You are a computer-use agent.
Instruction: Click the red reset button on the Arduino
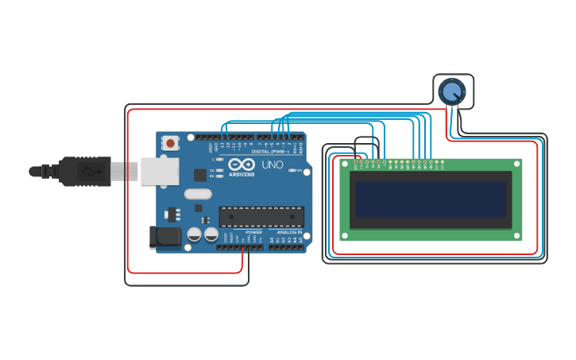point(170,144)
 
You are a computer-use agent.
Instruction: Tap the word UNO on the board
point(273,165)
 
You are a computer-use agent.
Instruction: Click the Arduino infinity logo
point(241,165)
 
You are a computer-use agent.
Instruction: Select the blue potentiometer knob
point(452,91)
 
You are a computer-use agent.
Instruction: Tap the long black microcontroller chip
point(261,215)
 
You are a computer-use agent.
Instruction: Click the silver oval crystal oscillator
point(198,194)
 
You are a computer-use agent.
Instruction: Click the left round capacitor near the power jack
point(195,234)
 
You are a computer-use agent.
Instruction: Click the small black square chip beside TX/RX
point(200,174)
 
